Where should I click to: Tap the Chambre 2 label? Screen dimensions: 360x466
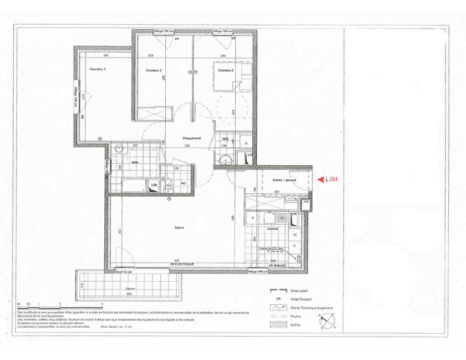pyautogui.click(x=227, y=71)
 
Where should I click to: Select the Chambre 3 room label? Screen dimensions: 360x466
pyautogui.click(x=153, y=71)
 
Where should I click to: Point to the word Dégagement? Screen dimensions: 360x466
pyautogui.click(x=192, y=138)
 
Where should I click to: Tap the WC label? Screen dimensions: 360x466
pyautogui.click(x=184, y=183)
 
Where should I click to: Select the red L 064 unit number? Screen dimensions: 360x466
pyautogui.click(x=332, y=180)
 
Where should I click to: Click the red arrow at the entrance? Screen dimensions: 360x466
pyautogui.click(x=320, y=180)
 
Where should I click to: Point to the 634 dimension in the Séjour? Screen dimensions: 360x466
pyautogui.click(x=177, y=260)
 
